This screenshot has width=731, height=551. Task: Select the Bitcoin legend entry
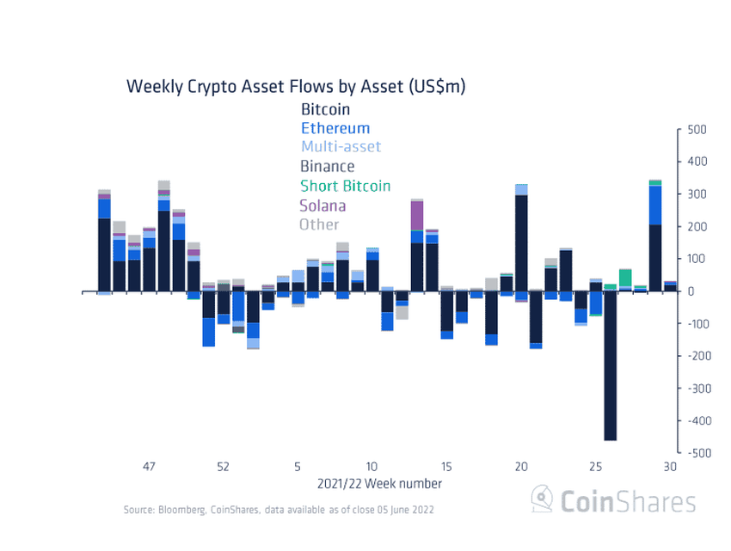pos(326,110)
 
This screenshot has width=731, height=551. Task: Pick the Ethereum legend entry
pos(335,129)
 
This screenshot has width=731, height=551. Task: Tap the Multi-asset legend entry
pos(341,147)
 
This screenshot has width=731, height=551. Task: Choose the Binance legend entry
pos(327,167)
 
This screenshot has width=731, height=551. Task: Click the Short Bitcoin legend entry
pos(345,186)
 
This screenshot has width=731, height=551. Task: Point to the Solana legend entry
pos(322,205)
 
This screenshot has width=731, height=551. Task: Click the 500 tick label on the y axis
pos(697,130)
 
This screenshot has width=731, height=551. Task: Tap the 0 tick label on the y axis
pos(691,291)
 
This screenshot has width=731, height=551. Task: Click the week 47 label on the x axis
pos(149,467)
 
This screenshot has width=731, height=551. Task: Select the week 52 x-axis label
pos(223,467)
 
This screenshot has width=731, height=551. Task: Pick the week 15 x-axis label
pos(446,467)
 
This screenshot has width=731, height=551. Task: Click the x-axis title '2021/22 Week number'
pos(380,484)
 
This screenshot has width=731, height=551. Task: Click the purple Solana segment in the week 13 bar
pos(417,214)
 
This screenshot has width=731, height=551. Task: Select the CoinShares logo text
pos(627,501)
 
